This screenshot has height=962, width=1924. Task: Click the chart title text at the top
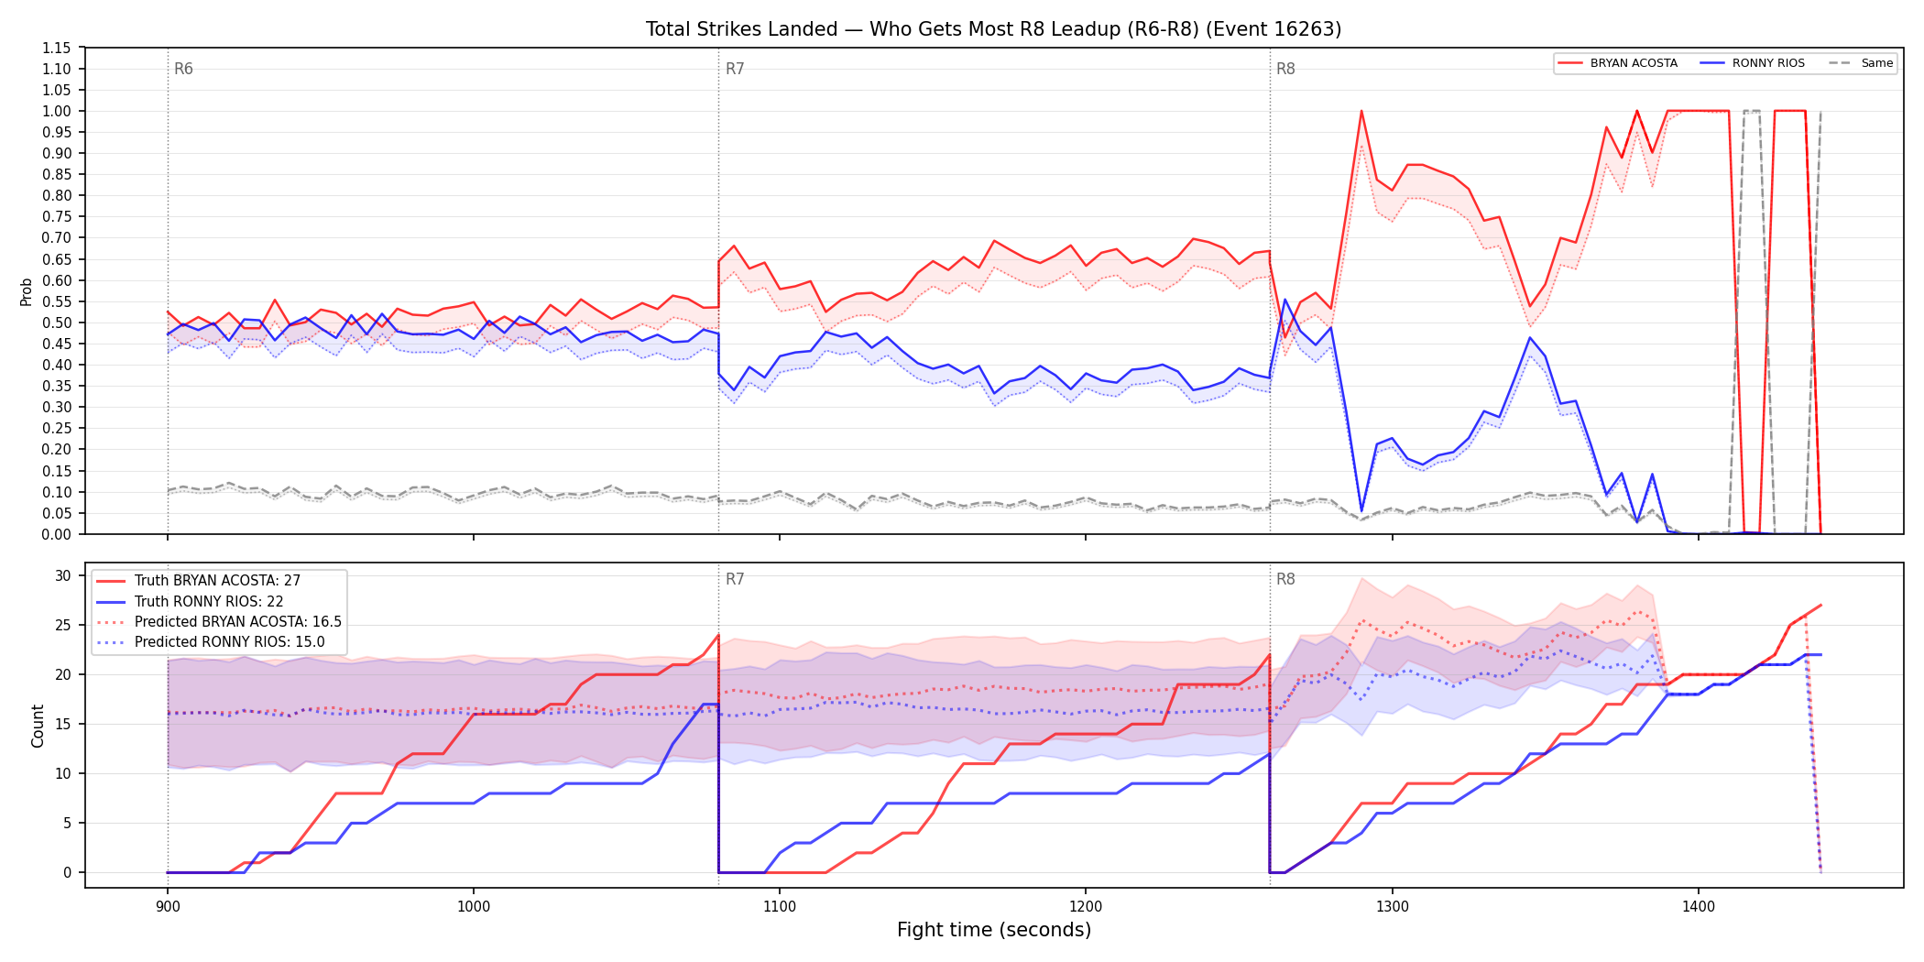[x=993, y=29]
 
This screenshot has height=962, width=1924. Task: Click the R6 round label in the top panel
[x=183, y=69]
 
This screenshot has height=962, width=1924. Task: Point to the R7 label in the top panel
[x=735, y=69]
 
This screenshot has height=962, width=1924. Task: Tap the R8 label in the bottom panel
[x=1285, y=579]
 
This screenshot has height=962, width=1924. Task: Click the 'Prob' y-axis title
[x=26, y=291]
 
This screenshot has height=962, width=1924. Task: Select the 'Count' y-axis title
[x=38, y=726]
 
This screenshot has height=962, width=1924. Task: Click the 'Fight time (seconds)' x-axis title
[x=994, y=930]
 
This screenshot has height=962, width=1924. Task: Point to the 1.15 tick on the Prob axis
[x=57, y=48]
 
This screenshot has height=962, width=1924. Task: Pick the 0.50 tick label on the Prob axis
[x=57, y=322]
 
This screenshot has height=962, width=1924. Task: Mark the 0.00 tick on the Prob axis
[x=57, y=534]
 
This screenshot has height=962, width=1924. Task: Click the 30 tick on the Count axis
[x=62, y=575]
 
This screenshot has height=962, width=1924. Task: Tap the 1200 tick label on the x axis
[x=1086, y=907]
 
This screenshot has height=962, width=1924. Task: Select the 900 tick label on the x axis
[x=167, y=907]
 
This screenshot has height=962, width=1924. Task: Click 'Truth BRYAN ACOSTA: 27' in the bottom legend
[x=217, y=581]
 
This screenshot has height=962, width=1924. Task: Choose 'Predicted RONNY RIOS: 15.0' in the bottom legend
[x=229, y=642]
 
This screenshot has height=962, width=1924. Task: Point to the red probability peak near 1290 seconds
[x=1361, y=111]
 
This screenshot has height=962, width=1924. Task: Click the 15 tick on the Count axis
[x=62, y=724]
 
